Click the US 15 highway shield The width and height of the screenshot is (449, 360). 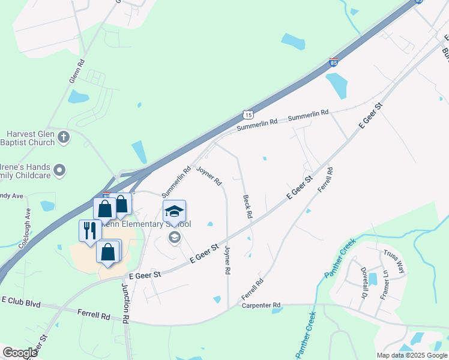pyautogui.click(x=249, y=114)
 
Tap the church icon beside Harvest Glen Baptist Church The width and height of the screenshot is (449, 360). pyautogui.click(x=64, y=139)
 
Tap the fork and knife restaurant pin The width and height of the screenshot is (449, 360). pyautogui.click(x=90, y=231)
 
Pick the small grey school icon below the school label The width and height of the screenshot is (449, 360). pyautogui.click(x=175, y=236)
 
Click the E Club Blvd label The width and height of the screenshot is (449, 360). pyautogui.click(x=21, y=302)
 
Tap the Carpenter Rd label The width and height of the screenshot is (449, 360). pyautogui.click(x=261, y=305)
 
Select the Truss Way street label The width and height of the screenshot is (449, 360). pyautogui.click(x=394, y=262)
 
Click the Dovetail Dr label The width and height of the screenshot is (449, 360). pyautogui.click(x=364, y=284)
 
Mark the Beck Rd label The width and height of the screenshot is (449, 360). pyautogui.click(x=247, y=206)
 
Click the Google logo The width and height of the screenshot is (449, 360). pyautogui.click(x=20, y=353)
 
